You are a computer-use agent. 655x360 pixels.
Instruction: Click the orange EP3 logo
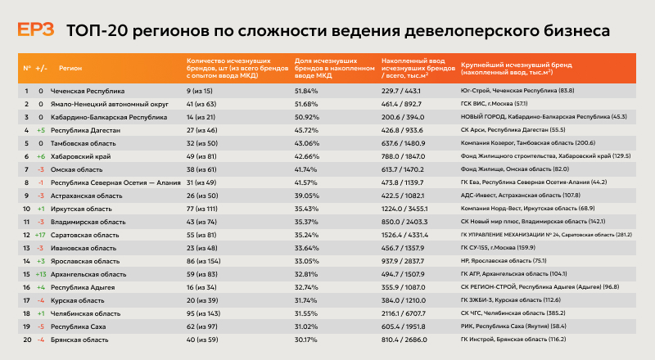tap(36, 31)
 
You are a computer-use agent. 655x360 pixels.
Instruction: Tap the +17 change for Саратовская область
tap(40, 235)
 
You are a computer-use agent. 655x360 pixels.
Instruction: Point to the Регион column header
tap(70, 68)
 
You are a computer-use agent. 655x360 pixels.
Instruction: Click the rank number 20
tap(26, 340)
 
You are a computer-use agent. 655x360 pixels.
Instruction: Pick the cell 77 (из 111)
tap(205, 209)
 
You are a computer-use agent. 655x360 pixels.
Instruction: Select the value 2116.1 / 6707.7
tap(407, 313)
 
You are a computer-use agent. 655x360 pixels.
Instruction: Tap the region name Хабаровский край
tap(81, 156)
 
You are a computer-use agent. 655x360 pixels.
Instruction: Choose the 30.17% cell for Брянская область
tap(305, 340)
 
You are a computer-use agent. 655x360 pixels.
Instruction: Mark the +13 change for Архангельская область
tap(40, 274)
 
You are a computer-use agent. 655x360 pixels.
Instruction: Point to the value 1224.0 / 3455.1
tap(407, 209)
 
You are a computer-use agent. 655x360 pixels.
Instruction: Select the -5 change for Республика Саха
tap(40, 326)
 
